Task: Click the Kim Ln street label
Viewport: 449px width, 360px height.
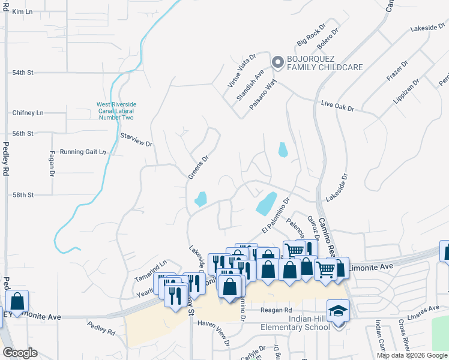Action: (x=22, y=11)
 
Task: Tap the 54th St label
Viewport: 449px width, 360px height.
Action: (x=23, y=73)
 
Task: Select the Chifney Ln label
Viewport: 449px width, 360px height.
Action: (x=28, y=113)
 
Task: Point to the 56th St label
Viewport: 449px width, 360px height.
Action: (x=23, y=133)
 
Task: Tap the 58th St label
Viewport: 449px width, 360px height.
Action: (x=23, y=195)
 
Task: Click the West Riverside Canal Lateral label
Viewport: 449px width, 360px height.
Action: (x=115, y=111)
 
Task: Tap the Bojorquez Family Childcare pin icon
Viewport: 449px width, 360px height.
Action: (x=277, y=62)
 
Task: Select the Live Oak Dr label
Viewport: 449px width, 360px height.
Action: (x=337, y=106)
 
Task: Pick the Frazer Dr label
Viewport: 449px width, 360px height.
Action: (x=397, y=71)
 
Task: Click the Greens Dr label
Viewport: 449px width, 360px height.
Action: (x=198, y=167)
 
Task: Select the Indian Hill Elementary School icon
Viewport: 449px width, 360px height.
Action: (x=338, y=311)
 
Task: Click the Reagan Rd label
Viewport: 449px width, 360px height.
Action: (x=276, y=310)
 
